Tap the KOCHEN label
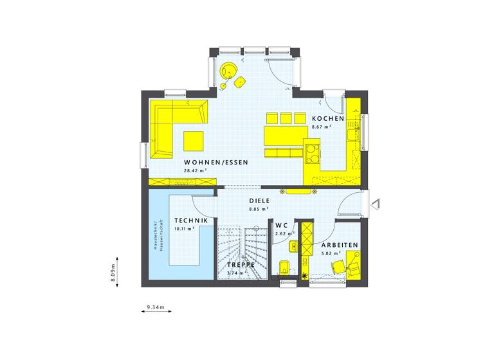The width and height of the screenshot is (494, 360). coord(328,120)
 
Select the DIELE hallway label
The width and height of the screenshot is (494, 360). coord(260,201)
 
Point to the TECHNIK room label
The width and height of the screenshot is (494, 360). coord(191,221)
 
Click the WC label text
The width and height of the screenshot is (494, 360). coord(281,226)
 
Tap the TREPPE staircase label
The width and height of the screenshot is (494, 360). coord(241,264)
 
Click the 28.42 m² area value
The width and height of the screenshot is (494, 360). coord(194,171)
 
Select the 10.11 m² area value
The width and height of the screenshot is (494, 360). coord(185,228)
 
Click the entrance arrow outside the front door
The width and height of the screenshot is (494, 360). coord(377,203)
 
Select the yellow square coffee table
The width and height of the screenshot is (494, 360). coord(193,139)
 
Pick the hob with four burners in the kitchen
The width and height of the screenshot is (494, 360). coord(313,152)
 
